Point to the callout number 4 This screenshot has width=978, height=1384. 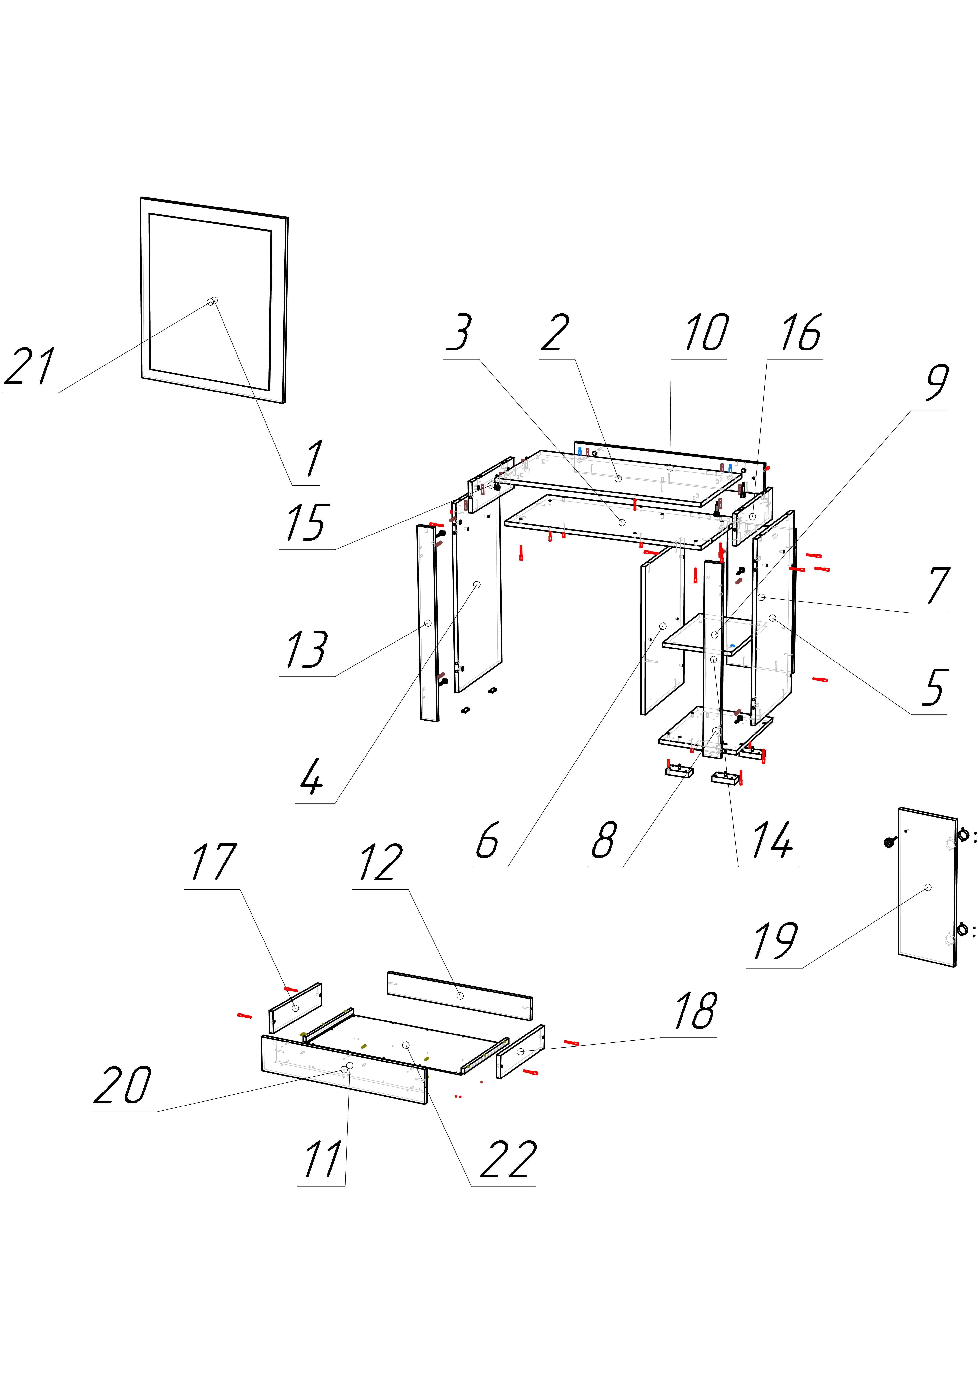click(312, 777)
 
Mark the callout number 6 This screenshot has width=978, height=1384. click(487, 840)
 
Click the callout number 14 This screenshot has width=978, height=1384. click(772, 840)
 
